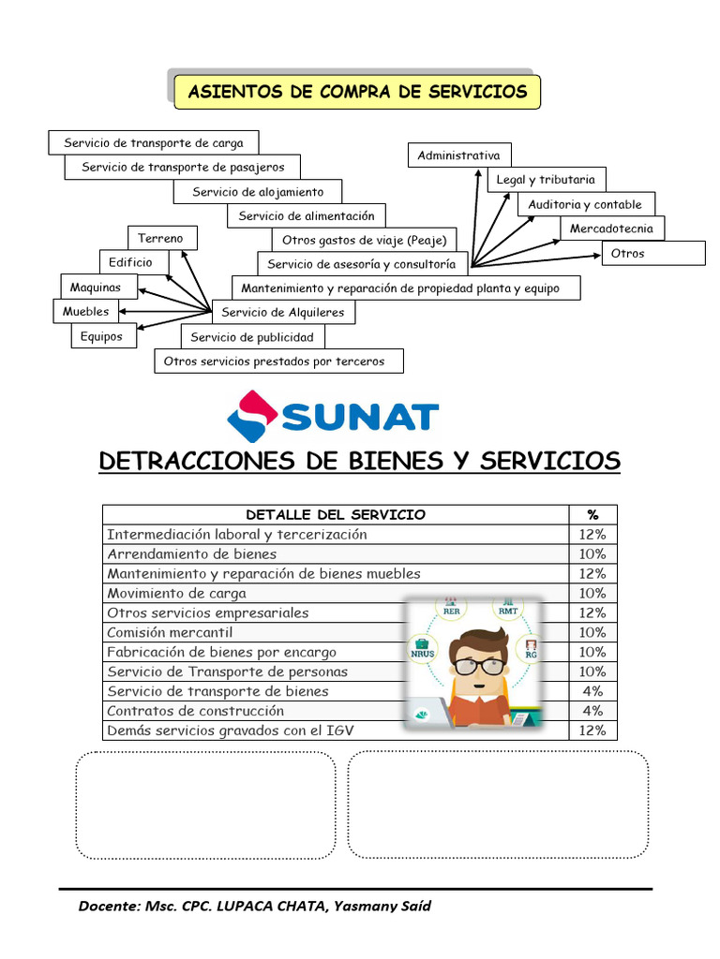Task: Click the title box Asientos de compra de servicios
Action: [357, 92]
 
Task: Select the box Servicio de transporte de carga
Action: [153, 143]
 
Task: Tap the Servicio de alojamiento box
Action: [258, 192]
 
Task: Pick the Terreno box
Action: [161, 238]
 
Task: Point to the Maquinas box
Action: [90, 286]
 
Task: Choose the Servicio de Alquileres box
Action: [283, 312]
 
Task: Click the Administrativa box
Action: [459, 155]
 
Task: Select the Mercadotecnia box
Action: [611, 229]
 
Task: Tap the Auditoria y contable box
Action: [585, 204]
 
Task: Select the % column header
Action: [592, 514]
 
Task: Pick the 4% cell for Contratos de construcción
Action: [592, 711]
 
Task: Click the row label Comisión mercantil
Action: [169, 632]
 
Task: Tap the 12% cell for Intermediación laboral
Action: [592, 534]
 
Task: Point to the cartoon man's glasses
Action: [478, 666]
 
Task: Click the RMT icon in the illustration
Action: [508, 609]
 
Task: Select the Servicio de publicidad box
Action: [252, 337]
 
